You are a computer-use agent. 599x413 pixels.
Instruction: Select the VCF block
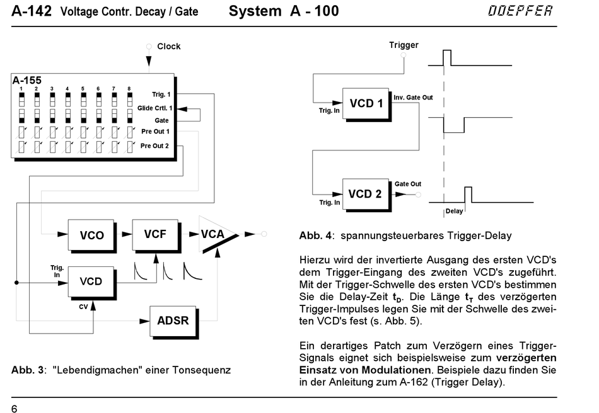coord(155,234)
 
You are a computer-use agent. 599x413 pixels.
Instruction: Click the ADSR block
coord(172,320)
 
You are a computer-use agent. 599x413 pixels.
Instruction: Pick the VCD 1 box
coord(366,103)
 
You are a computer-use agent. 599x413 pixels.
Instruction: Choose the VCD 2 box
coord(366,193)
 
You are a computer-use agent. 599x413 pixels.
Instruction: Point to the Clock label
coord(168,46)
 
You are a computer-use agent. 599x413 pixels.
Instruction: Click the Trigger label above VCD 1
coord(404,45)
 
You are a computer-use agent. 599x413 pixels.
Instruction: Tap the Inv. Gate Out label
coord(413,98)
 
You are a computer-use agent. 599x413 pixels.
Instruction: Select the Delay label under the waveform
coord(454,212)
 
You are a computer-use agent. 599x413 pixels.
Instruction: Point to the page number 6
coord(14,409)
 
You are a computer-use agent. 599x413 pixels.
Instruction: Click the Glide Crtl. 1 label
coord(154,108)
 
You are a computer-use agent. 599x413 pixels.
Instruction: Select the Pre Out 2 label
coord(154,145)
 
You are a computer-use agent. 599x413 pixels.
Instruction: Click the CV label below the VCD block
coord(83,307)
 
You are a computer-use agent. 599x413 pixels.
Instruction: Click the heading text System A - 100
coord(284,11)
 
